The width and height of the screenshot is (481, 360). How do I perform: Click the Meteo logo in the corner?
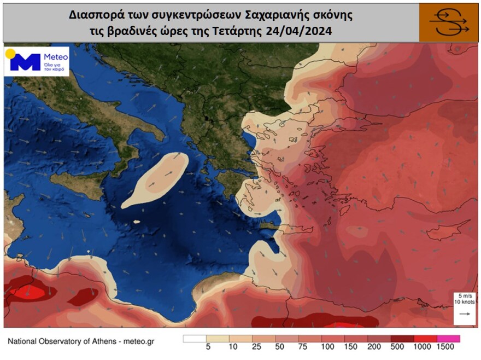point(37,61)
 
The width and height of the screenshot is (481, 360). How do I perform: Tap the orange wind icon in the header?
point(449,22)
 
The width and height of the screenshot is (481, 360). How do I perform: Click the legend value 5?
point(208,347)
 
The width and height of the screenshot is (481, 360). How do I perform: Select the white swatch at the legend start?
point(194,338)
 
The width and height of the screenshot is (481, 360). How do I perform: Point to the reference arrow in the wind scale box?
point(465,314)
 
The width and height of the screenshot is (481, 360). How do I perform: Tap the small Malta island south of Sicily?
point(136,222)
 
